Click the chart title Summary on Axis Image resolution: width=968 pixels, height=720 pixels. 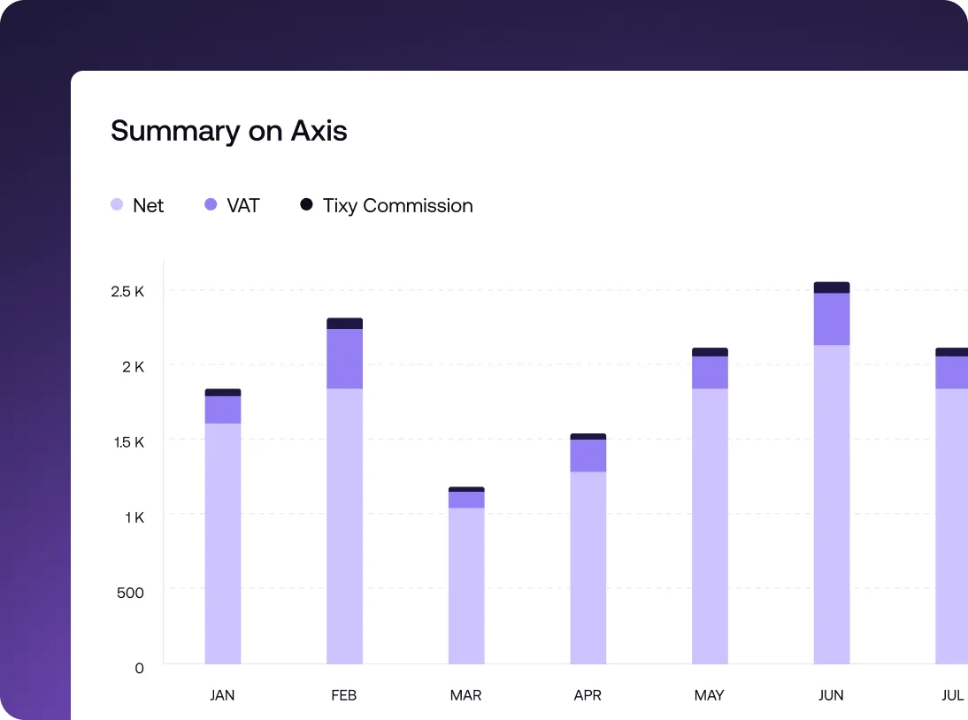228,131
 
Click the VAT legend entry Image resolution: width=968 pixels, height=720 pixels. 232,205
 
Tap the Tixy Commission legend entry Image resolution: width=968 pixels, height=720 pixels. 387,205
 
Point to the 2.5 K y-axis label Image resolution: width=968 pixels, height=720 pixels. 127,291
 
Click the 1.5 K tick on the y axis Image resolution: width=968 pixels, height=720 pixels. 128,441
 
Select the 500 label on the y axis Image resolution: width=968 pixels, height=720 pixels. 130,592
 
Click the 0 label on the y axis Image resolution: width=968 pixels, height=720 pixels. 139,668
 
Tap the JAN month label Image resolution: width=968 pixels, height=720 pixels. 222,695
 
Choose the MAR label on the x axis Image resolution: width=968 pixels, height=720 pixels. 465,695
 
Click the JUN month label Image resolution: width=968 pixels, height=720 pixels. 831,695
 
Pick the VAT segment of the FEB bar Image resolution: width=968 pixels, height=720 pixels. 344,358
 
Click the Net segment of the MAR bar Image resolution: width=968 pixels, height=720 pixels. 466,584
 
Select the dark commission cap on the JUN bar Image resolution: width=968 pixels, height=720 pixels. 832,287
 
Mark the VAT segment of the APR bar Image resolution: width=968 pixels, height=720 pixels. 588,456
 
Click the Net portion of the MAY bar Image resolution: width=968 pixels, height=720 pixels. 710,526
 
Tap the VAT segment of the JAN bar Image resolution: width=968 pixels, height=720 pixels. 223,410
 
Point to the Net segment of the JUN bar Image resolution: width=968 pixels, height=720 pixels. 832,504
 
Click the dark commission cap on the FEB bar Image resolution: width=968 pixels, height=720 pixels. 344,323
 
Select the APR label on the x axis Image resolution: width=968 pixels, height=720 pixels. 588,695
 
